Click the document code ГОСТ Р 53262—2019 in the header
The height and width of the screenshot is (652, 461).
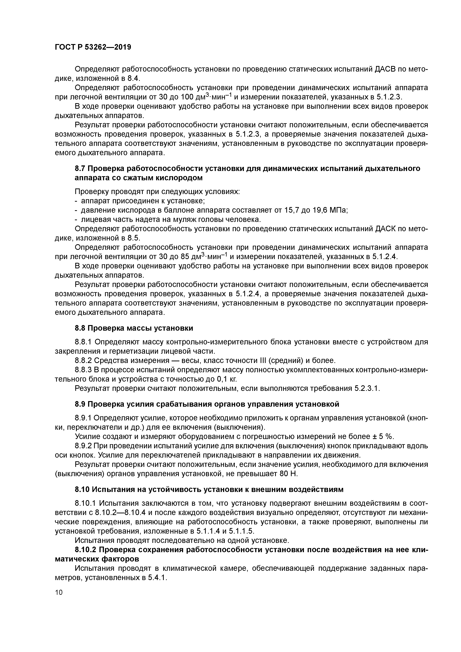[x=93, y=47]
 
